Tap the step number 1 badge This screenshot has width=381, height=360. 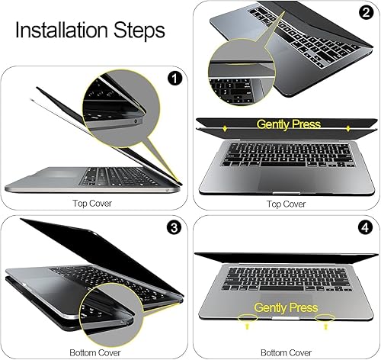click(174, 78)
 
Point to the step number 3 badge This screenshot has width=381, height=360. click(174, 227)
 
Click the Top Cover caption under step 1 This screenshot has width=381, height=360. click(94, 204)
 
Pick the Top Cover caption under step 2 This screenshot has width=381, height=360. click(286, 204)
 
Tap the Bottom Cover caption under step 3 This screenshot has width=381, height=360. click(94, 353)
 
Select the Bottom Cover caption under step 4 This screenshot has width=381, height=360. click(286, 353)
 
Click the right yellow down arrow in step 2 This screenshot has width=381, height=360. click(347, 129)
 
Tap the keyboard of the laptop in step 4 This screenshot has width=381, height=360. click(286, 273)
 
